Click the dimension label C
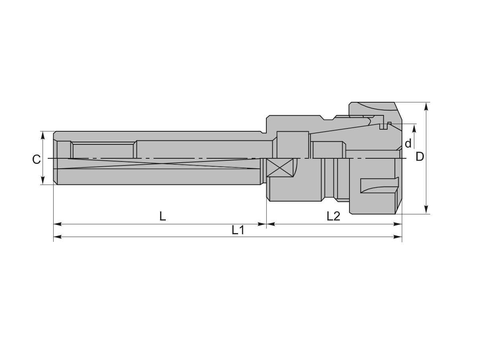click(x=36, y=159)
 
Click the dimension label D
click(x=419, y=157)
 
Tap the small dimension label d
click(x=408, y=144)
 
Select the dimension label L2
click(x=333, y=216)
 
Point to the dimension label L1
click(x=238, y=230)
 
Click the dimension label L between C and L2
click(x=163, y=216)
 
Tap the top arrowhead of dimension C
click(x=43, y=135)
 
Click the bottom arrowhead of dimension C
click(x=43, y=181)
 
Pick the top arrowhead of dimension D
click(x=426, y=106)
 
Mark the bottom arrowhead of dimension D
click(x=426, y=210)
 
